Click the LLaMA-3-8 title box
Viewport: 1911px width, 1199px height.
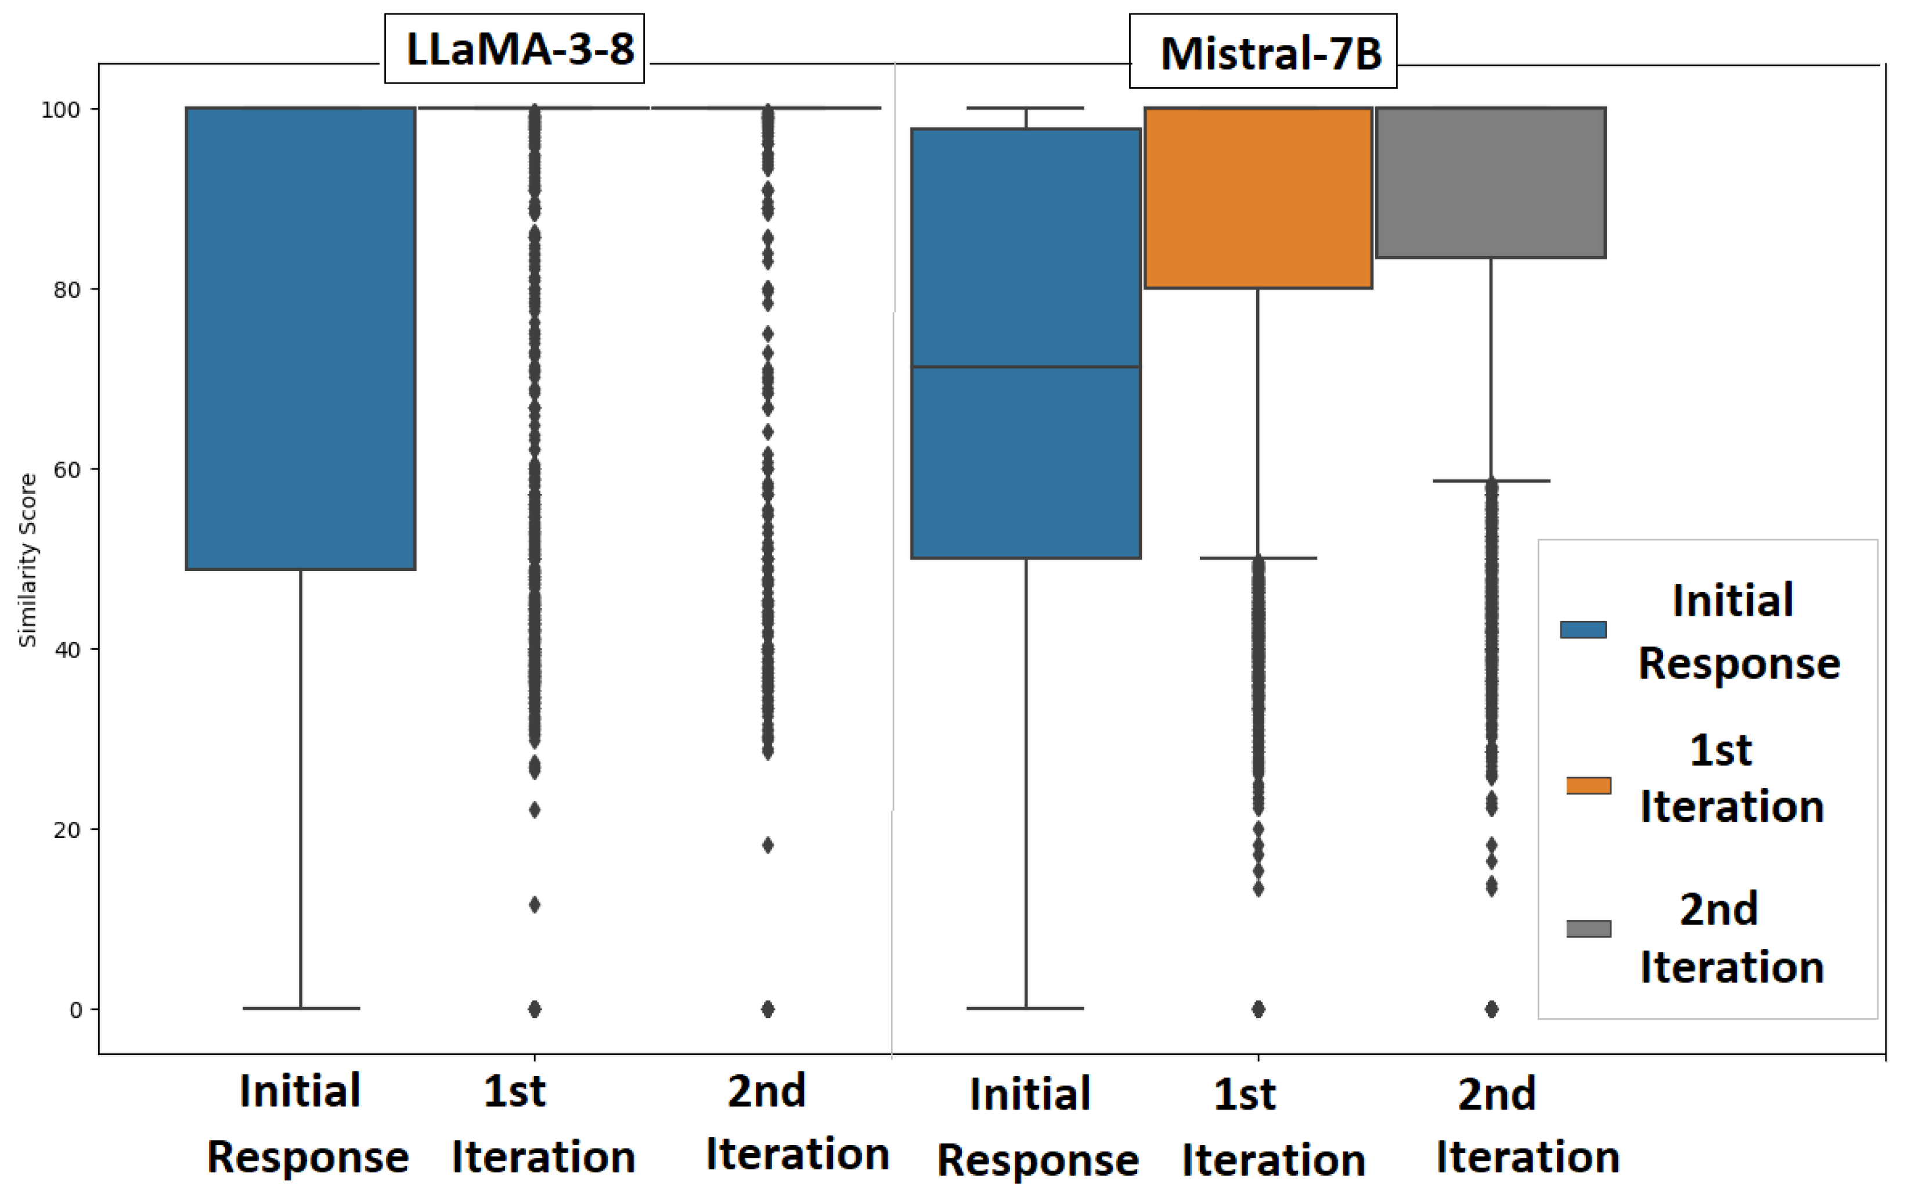coord(514,48)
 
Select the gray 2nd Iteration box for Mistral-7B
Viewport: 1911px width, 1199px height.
coord(1490,182)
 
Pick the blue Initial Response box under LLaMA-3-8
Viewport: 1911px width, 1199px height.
coord(301,338)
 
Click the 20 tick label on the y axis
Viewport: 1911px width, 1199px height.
coord(67,829)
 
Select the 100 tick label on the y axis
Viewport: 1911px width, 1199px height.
coord(61,110)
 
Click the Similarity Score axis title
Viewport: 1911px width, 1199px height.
coord(28,560)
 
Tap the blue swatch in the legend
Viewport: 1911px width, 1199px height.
coord(1582,630)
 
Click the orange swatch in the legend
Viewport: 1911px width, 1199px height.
coord(1588,785)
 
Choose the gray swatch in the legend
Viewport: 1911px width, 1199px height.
coord(1588,928)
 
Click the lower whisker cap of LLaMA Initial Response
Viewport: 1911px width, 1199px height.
coord(301,1008)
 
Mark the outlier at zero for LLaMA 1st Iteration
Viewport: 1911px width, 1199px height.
coord(535,1009)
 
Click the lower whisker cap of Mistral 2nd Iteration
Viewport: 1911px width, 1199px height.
coord(1491,481)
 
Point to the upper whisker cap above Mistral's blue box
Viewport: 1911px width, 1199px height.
coord(1025,108)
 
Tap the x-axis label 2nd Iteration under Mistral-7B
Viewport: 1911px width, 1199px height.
coord(1527,1126)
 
